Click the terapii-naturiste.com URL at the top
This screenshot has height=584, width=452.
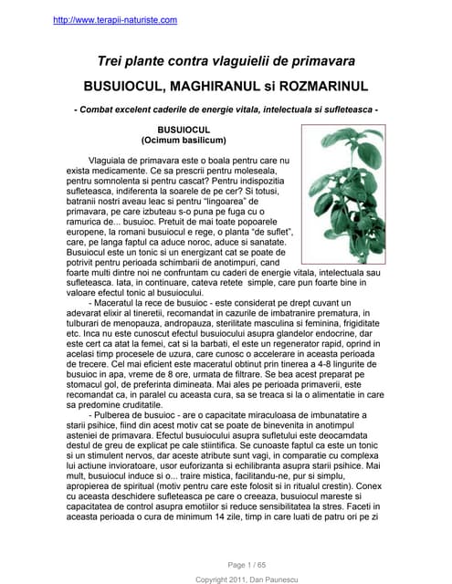pyautogui.click(x=115, y=19)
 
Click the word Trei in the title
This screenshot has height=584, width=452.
pyautogui.click(x=113, y=61)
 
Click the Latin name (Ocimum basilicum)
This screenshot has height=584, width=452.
pyautogui.click(x=184, y=141)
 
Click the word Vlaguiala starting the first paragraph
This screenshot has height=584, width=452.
pyautogui.click(x=109, y=160)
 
